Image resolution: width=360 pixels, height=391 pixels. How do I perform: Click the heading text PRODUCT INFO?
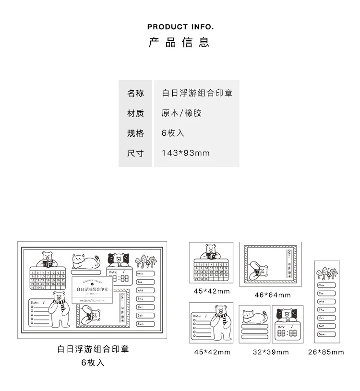(180, 26)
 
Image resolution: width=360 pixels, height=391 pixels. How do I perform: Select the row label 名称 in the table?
(135, 93)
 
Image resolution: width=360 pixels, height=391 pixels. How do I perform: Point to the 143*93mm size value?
(186, 154)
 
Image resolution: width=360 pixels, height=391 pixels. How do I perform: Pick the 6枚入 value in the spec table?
(173, 133)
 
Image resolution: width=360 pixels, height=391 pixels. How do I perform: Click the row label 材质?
(135, 113)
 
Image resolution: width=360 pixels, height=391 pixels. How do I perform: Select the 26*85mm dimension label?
(326, 352)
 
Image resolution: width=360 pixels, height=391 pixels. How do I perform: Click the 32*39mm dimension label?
(271, 352)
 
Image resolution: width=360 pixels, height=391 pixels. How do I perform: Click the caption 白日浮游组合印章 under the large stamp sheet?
(93, 349)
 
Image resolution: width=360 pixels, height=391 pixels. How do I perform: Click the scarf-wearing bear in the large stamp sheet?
(60, 307)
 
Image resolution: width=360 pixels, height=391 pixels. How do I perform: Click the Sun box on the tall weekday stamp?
(327, 333)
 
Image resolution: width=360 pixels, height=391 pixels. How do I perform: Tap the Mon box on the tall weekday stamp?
(327, 285)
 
